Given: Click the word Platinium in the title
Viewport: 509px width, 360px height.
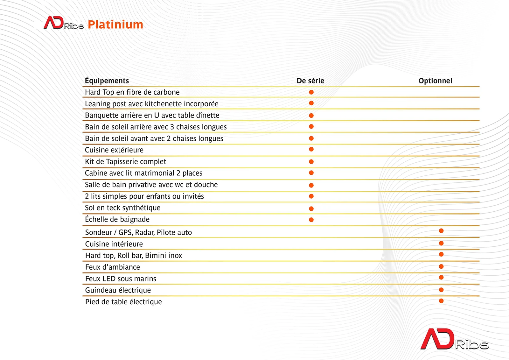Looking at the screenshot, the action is point(115,25).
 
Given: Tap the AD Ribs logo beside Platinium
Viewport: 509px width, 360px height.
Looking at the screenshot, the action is point(64,23).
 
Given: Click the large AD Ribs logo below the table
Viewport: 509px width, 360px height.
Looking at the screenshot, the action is point(455,339).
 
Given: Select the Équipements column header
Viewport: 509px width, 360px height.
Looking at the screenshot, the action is point(107,81).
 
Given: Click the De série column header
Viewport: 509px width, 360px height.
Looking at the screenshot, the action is point(310,81).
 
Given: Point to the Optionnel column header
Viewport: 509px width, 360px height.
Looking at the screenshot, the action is point(436,81).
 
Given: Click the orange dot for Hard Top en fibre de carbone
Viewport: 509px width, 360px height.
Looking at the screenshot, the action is point(311,92).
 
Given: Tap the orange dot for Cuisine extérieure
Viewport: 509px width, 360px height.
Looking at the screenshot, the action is point(311,149).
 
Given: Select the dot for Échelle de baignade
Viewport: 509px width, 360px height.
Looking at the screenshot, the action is point(311,220).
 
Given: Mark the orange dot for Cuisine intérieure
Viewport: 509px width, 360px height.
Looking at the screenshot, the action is point(441,243).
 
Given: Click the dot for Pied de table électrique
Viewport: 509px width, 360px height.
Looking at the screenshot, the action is point(441,301).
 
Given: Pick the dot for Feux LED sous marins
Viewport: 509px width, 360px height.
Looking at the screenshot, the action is point(441,277).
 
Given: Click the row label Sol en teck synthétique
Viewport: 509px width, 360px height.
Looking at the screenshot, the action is point(123,208).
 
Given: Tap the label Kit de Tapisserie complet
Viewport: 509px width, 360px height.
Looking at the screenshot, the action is point(125,162).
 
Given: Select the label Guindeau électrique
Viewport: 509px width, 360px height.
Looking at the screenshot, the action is point(118,290).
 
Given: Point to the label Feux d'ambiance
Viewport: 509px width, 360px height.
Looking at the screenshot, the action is point(113,267).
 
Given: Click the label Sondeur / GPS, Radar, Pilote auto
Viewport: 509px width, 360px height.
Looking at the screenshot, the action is point(138,232).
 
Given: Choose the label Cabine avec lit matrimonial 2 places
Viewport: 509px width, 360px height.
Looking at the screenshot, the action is point(143,173).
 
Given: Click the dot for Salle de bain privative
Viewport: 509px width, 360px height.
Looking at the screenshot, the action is point(311,185).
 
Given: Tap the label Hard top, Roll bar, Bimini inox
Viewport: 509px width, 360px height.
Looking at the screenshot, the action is point(134,256).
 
